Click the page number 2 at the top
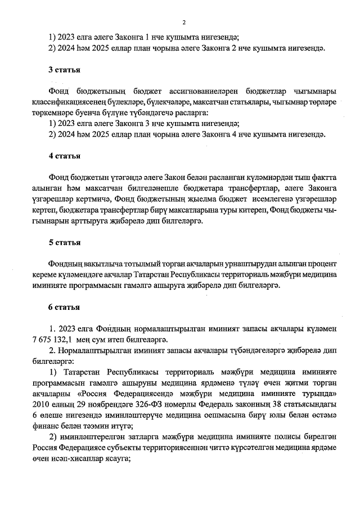click(183, 22)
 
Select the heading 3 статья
click(64, 71)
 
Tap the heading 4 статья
click(64, 156)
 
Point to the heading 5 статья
click(64, 242)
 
